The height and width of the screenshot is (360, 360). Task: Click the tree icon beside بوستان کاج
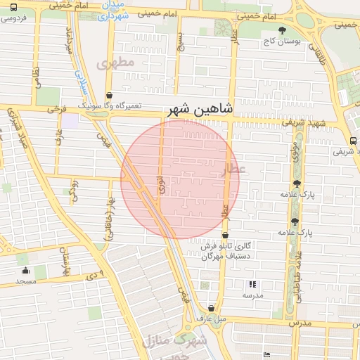coord(282,30)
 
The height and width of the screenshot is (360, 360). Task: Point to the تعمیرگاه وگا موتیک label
coord(109,106)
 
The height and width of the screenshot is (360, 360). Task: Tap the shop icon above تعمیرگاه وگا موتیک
coord(109,95)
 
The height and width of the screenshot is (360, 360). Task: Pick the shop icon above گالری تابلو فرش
coord(225,236)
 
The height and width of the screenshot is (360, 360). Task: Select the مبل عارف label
coord(212,319)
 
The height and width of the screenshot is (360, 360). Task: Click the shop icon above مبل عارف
coord(212,308)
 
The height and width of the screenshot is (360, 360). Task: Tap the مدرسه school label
coord(252,296)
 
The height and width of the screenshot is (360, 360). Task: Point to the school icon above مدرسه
coord(252,285)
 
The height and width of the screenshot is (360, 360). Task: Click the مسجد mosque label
coord(26,281)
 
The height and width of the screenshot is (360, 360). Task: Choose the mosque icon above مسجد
coord(26,271)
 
